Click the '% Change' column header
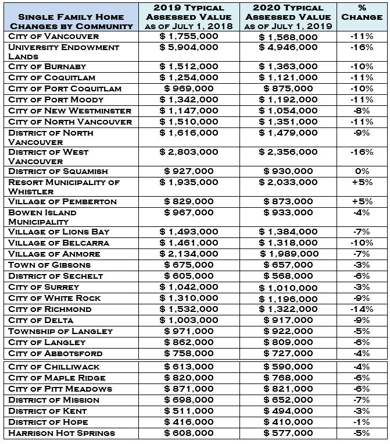362,13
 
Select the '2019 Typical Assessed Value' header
189,17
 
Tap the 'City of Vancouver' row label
53,36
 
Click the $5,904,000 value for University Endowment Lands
189,47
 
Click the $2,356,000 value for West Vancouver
288,152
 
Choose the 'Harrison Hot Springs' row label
62,433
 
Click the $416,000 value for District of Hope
189,422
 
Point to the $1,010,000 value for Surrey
288,287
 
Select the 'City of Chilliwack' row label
53,367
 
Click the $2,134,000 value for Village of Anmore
189,254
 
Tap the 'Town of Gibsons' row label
49,265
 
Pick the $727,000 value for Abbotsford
288,353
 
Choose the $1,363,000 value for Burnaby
288,66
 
